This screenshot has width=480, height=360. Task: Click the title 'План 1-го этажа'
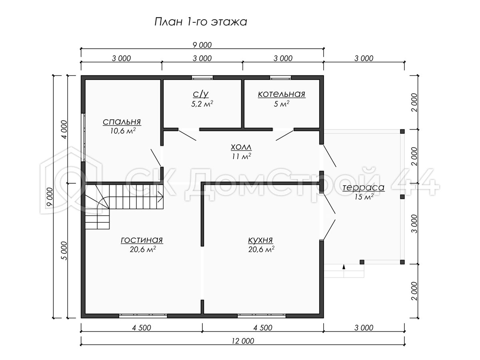201,22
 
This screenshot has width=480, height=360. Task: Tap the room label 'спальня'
122,122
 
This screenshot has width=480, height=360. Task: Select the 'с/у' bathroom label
201,94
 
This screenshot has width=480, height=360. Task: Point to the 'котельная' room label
282,94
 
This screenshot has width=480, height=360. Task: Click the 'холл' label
241,147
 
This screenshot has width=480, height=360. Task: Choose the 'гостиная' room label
142,240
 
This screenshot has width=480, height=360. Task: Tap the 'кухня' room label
260,240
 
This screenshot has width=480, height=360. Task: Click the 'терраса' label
363,188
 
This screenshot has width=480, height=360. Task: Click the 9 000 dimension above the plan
202,45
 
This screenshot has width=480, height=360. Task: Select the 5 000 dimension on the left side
64,250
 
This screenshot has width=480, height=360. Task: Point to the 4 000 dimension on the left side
64,129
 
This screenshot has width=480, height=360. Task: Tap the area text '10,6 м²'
123,131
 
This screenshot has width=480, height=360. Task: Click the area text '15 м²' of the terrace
364,197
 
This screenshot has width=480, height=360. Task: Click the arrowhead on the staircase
160,197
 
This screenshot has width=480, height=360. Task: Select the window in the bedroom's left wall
83,138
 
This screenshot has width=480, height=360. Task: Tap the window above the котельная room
280,77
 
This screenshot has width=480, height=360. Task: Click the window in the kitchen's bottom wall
262,316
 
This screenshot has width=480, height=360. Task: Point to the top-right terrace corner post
402,131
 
